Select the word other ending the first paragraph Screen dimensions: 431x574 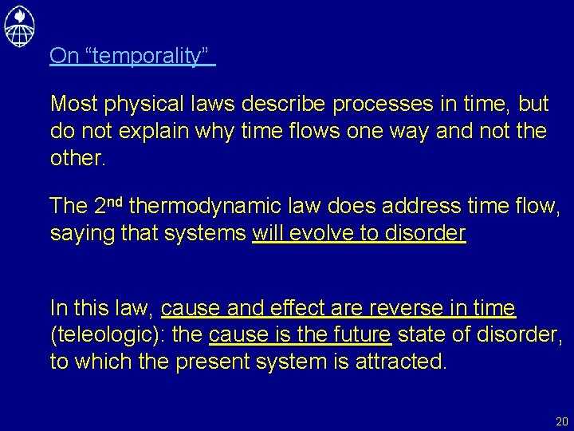(x=77, y=157)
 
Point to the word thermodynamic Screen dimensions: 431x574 (x=206, y=207)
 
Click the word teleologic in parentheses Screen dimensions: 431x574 (x=111, y=335)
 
